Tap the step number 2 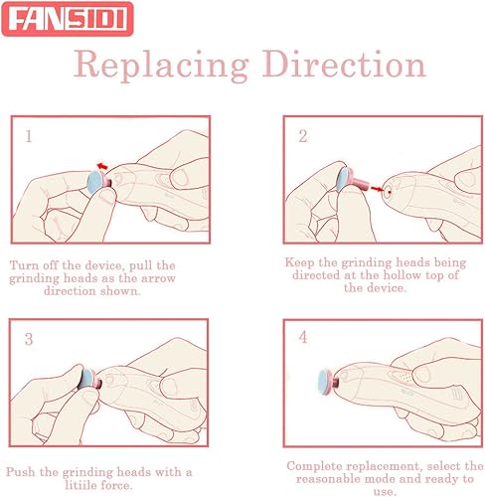point(302,132)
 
